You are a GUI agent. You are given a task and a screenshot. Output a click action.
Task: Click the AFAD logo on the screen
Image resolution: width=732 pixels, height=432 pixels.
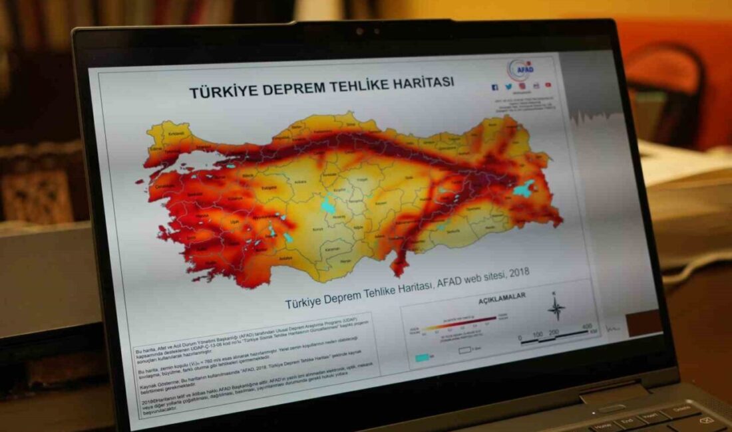518,69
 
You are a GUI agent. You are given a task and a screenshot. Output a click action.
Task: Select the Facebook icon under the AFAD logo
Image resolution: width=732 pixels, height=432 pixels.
494,87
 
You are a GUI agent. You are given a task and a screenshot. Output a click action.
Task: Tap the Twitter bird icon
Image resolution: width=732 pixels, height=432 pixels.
508,86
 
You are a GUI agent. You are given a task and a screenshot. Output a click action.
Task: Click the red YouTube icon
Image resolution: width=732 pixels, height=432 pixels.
548,85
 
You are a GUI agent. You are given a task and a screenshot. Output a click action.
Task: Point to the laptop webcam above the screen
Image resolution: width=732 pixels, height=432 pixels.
359,31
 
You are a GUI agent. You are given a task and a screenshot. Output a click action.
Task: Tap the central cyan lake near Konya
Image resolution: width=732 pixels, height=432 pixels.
329,207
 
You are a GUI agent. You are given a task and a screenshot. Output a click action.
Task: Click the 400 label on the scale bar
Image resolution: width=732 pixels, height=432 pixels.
586,326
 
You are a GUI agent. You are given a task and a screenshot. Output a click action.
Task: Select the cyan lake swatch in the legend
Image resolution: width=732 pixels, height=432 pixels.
423,357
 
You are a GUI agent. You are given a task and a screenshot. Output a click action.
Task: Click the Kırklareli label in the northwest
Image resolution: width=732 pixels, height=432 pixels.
174,134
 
